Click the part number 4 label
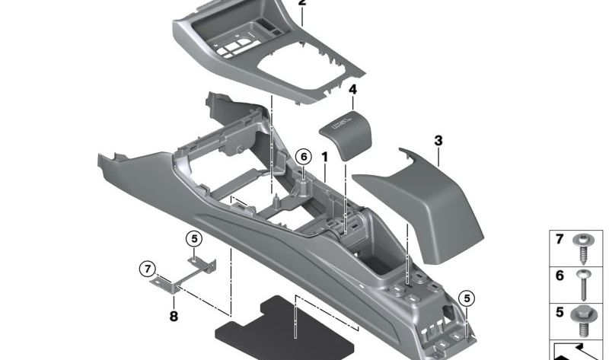coord(352,90)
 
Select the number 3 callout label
coord(438,141)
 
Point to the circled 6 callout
coord(304,156)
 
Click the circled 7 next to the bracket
coord(147,268)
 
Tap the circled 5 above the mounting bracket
coord(194,238)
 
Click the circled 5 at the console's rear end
coord(466,297)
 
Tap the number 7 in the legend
coord(560,240)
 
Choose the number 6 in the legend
coord(560,276)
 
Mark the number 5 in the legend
coord(560,311)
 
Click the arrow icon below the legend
coord(579,350)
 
